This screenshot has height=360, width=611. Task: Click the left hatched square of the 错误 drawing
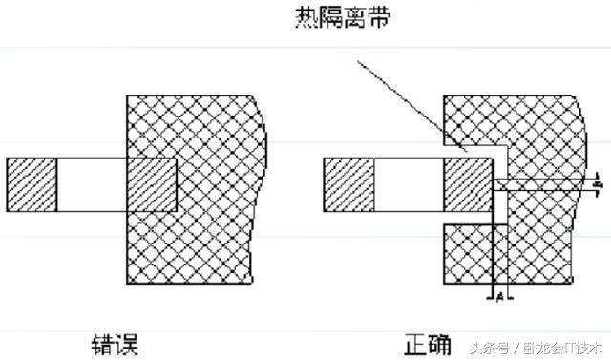pyautogui.click(x=32, y=185)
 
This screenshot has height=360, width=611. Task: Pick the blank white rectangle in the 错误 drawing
pyautogui.click(x=92, y=185)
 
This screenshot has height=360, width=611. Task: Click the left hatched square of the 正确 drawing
pyautogui.click(x=348, y=185)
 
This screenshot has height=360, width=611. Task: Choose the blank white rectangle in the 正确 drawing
pyautogui.click(x=409, y=185)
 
